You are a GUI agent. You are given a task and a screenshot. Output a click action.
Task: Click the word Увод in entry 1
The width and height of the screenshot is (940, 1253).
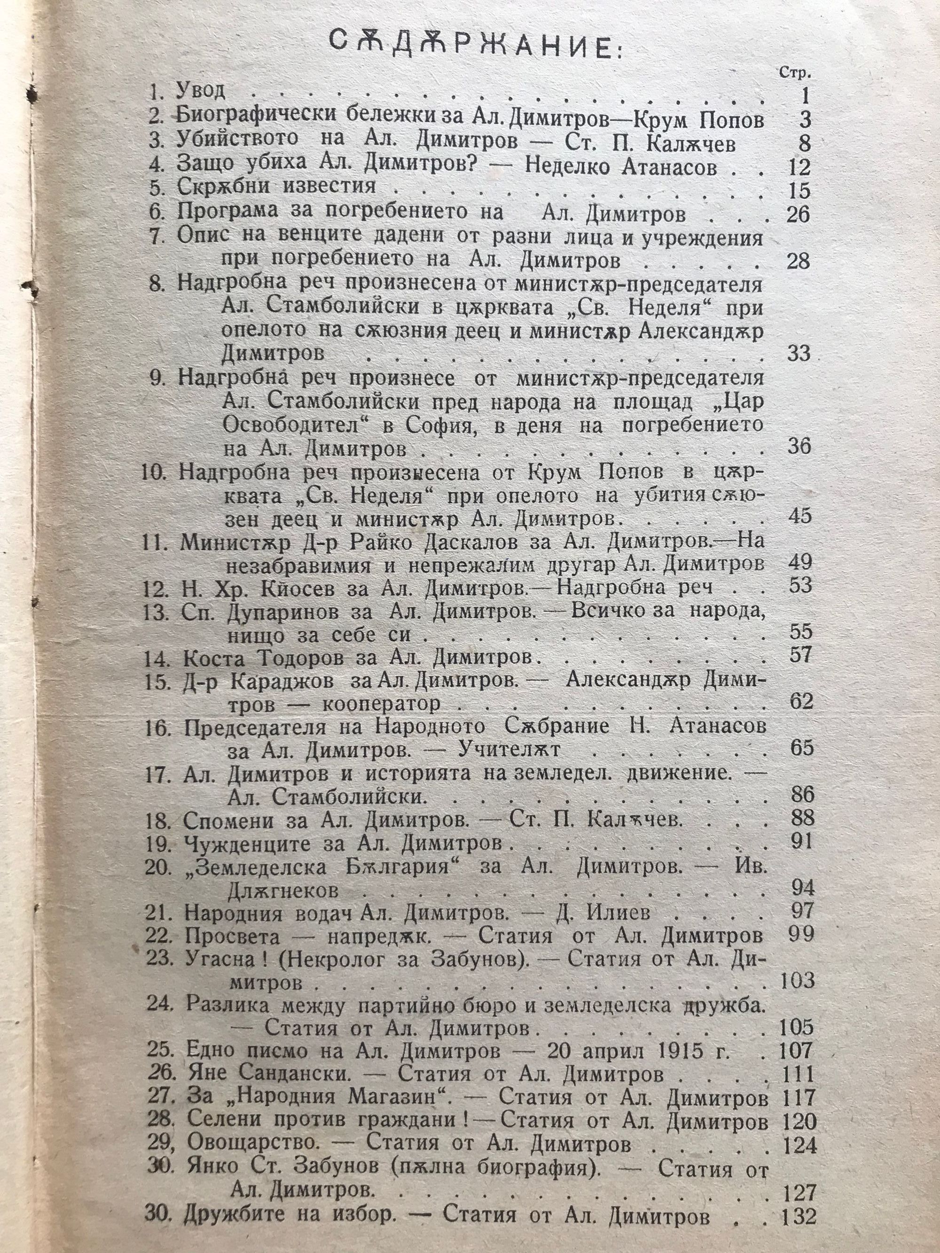pos(201,91)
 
